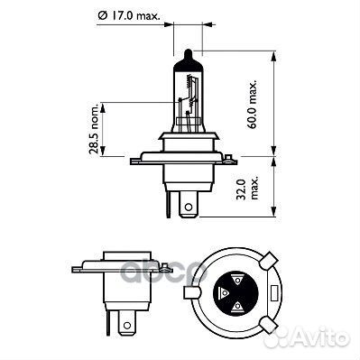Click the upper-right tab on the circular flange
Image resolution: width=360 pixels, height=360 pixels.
click(x=268, y=261)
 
